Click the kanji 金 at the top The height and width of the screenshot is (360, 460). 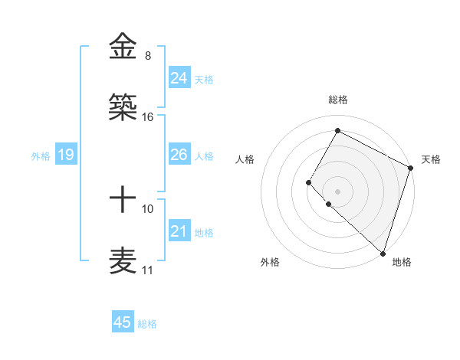(x=123, y=47)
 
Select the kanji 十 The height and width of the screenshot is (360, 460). (x=123, y=200)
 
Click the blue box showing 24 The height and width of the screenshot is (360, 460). (x=179, y=77)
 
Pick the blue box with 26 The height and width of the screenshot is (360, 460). (x=179, y=155)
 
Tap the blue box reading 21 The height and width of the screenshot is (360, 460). (x=179, y=231)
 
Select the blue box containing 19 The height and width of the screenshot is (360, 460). (x=65, y=155)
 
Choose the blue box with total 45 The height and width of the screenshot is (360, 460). (x=123, y=322)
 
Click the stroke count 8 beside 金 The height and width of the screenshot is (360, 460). (x=147, y=56)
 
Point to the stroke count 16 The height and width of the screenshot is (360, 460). (x=148, y=117)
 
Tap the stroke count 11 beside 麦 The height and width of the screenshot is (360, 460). (x=148, y=270)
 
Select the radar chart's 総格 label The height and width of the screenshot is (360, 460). (x=338, y=100)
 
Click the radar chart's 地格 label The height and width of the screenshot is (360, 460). (x=402, y=262)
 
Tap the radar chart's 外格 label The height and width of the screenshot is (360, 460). (x=270, y=262)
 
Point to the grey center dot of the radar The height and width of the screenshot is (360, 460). (x=337, y=191)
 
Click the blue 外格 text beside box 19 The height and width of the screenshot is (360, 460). (x=41, y=155)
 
